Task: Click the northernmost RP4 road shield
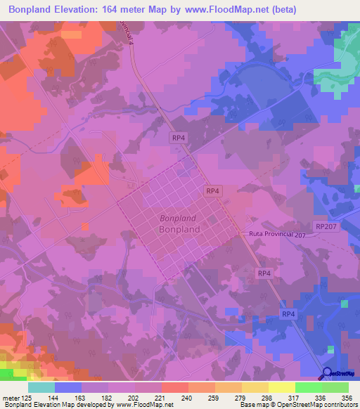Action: [178, 139]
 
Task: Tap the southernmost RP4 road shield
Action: [288, 313]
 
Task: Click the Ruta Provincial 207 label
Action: [278, 233]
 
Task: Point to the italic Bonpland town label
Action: [179, 218]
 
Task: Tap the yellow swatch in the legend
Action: [281, 387]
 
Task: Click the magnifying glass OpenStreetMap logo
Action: [328, 374]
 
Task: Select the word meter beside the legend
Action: [11, 398]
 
